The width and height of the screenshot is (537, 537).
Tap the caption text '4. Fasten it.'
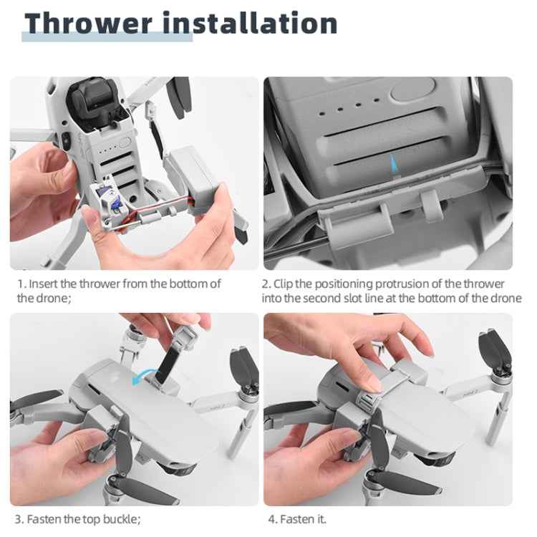click(296, 519)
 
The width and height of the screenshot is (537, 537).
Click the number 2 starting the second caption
click(266, 284)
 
